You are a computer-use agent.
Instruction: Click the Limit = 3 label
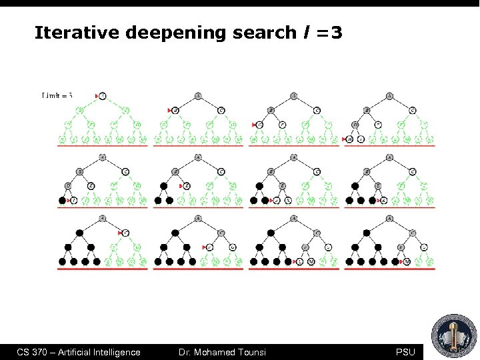coord(57,96)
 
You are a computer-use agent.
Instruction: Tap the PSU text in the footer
coord(405,352)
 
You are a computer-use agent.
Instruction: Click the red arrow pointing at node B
coord(169,110)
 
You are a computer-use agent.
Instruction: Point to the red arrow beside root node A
coord(97,96)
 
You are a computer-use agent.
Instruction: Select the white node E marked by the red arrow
coord(187,186)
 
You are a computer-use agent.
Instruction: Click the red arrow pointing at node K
coord(378,200)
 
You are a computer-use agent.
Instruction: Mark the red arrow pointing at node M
coord(391,261)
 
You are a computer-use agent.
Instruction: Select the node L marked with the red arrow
coord(300,261)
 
